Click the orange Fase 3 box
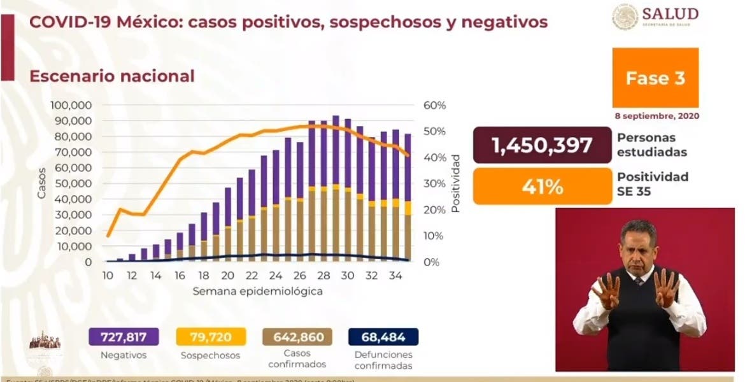(x=655, y=78)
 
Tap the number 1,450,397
(x=542, y=145)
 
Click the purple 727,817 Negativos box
(x=124, y=337)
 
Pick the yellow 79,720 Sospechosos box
(x=210, y=337)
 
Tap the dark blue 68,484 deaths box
(x=383, y=337)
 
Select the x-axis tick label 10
(x=108, y=277)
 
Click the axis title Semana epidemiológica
(x=258, y=292)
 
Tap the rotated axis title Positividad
(x=456, y=182)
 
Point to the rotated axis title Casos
(x=41, y=183)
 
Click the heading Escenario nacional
(x=112, y=76)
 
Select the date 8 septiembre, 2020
(x=657, y=117)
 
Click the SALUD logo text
(x=670, y=14)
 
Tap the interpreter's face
(x=638, y=248)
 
